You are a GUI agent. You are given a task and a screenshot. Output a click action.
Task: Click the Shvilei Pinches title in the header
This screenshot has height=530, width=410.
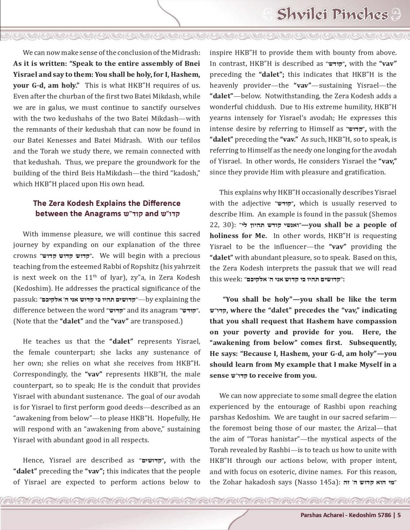click(x=332, y=15)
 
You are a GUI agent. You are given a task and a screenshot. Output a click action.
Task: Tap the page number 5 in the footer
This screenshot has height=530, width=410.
click(x=399, y=515)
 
